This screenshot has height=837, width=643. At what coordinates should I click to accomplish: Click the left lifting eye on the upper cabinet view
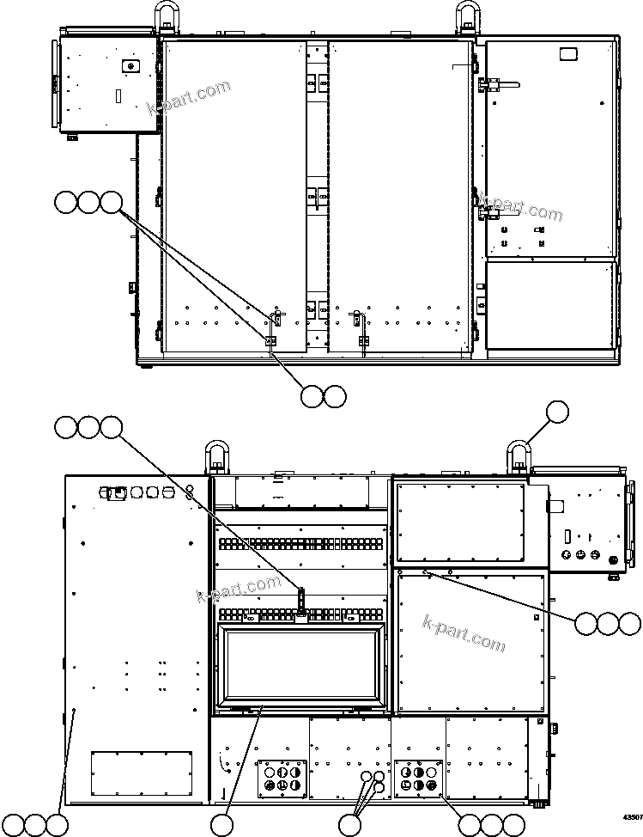[165, 17]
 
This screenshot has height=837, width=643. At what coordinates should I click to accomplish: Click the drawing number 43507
[632, 817]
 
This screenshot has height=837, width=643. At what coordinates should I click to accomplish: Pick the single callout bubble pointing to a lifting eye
[558, 412]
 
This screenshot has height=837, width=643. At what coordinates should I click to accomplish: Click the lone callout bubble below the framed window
[221, 825]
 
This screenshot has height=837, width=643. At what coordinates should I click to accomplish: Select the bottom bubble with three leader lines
[349, 825]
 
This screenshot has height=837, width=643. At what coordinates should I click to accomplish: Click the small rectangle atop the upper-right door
[567, 54]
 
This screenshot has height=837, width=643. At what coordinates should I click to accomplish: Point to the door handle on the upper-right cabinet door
[502, 83]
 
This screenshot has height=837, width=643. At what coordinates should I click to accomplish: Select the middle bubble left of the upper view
[88, 203]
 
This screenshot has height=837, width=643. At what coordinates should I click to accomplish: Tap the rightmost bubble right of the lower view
[629, 624]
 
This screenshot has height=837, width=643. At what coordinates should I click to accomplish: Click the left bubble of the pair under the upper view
[312, 395]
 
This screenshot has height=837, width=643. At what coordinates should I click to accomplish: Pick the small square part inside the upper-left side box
[129, 65]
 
